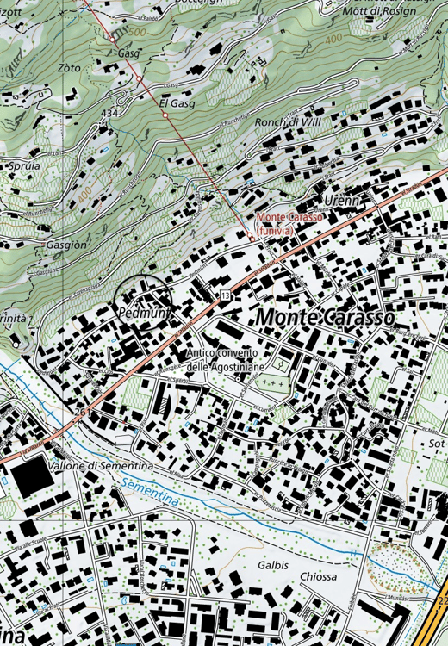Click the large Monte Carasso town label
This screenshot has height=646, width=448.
click(x=325, y=317)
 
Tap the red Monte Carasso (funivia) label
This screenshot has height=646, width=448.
click(x=289, y=223)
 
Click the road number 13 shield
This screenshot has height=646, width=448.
click(x=225, y=295)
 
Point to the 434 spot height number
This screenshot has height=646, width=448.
click(x=109, y=114)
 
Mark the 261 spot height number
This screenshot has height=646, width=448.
click(x=83, y=413)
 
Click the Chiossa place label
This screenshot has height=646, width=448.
click(x=318, y=576)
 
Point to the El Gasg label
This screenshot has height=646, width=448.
click(x=177, y=103)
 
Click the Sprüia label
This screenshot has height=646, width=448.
click(x=22, y=165)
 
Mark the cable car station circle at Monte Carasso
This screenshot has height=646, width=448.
click(x=251, y=235)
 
